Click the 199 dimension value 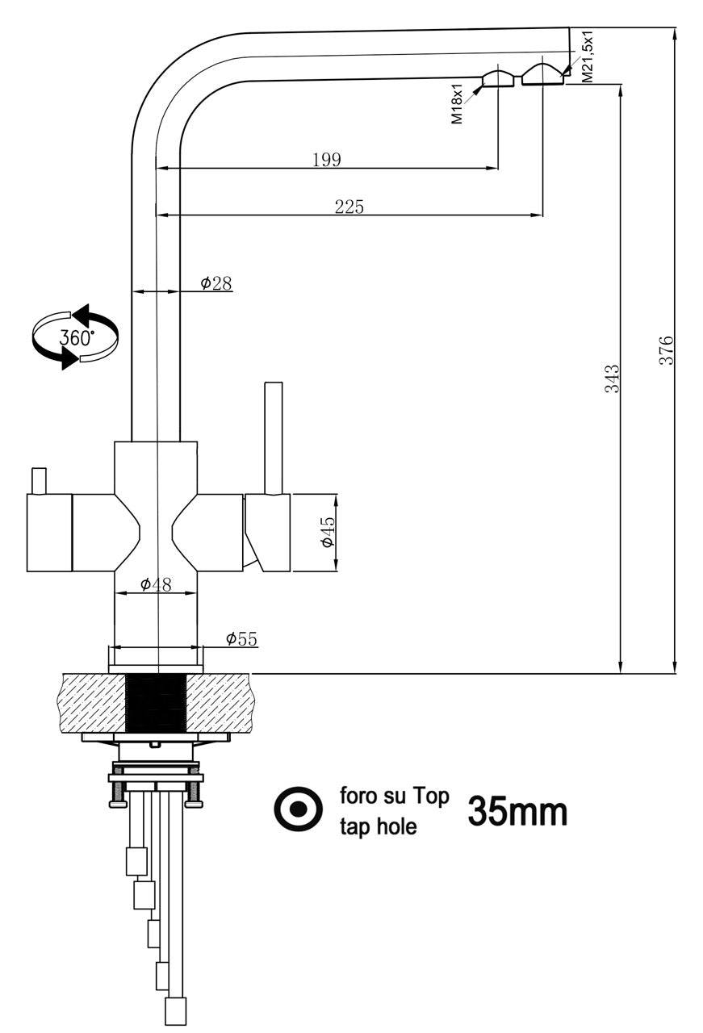pos(326,160)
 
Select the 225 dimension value pos(349,207)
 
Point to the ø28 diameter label pos(216,283)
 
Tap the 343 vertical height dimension pos(613,378)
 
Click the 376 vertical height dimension pos(666,351)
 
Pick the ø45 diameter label pos(327,533)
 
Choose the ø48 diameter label pos(156,584)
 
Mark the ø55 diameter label pos(241,639)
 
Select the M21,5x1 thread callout pos(588,56)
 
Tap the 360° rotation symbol pos(75,337)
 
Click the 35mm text pos(517,812)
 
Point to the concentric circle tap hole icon pos(299,809)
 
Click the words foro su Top pos(393,796)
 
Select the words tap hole pos(378,826)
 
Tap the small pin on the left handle pos(37,480)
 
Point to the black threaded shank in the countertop pos(157,703)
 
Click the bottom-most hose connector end pos(175,1010)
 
